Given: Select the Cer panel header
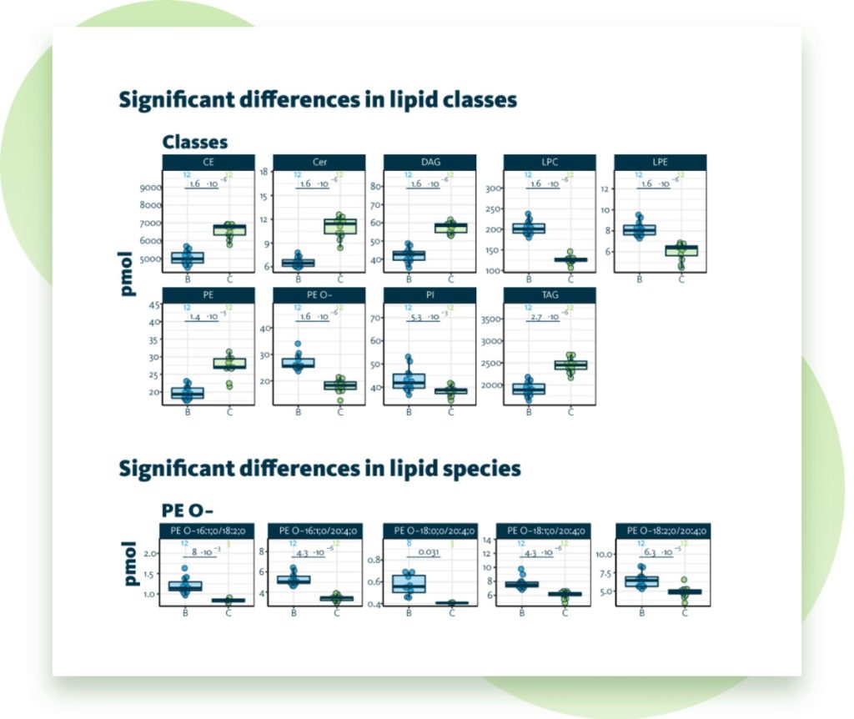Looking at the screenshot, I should (319, 162).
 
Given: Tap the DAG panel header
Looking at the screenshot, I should (430, 162).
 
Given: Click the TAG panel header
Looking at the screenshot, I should (549, 295).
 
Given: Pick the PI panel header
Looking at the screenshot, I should (430, 295).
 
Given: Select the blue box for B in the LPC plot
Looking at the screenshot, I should (528, 229).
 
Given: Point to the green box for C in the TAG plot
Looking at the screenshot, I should (570, 365).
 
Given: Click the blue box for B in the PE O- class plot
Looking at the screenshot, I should (298, 363).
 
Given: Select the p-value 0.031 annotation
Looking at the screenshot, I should (429, 552).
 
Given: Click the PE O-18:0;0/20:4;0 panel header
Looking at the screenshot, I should (430, 530).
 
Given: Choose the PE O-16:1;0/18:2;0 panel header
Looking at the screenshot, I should (206, 530).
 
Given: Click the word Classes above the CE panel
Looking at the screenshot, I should (194, 142).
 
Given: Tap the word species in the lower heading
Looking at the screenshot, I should (475, 469).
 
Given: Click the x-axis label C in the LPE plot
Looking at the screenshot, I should (681, 279).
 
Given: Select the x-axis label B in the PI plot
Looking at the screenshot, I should (409, 412).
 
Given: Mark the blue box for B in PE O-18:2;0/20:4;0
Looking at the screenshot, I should (641, 581).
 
